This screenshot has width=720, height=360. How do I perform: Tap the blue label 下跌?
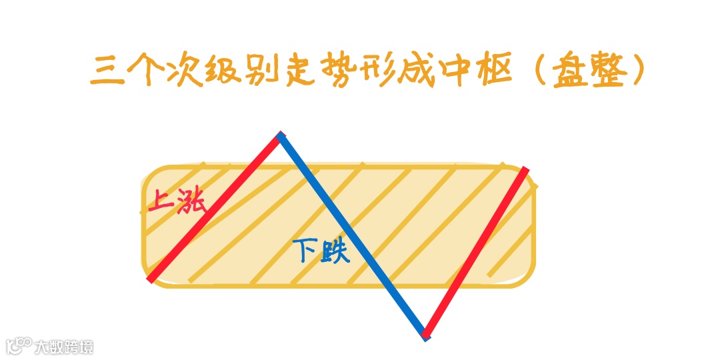[x=321, y=251]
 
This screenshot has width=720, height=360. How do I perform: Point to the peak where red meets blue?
[x=280, y=136]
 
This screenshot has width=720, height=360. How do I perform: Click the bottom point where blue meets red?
[x=425, y=335]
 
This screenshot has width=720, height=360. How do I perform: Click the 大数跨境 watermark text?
[x=65, y=347]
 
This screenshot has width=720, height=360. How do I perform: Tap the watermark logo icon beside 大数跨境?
[x=18, y=345]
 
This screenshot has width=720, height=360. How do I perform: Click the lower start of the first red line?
[x=151, y=279]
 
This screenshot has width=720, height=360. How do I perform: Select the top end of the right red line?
[x=526, y=170]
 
